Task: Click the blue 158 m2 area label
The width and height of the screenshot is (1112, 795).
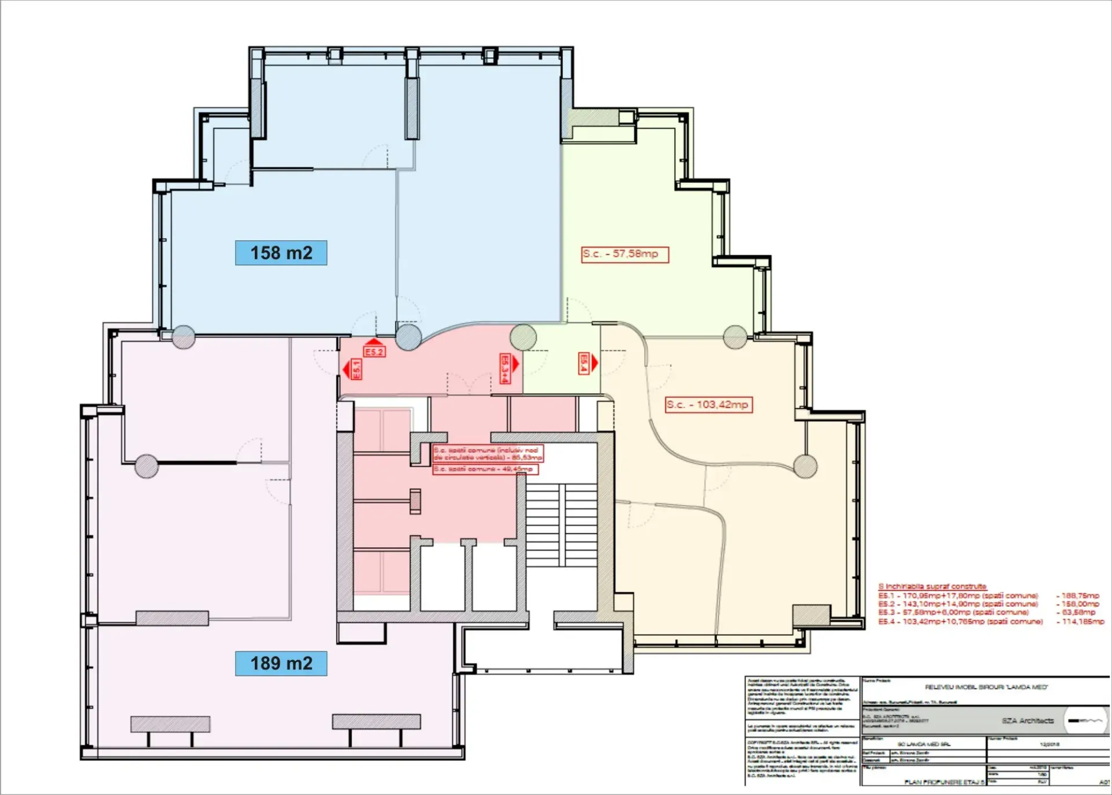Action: (281, 253)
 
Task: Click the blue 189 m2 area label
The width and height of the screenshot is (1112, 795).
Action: (281, 664)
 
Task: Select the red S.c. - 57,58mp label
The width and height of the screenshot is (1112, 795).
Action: (625, 254)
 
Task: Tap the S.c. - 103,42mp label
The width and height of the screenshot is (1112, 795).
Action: (708, 404)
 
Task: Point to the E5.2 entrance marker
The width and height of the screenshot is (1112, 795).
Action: (374, 351)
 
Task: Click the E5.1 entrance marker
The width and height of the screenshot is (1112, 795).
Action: (355, 369)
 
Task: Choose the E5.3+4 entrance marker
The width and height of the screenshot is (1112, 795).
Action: (506, 368)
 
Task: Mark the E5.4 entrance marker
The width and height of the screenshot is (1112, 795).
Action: (585, 363)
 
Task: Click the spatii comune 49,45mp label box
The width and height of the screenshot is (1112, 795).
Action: (485, 469)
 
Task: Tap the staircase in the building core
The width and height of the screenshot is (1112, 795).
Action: (561, 525)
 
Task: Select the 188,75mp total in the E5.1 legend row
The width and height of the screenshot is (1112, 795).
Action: (1080, 595)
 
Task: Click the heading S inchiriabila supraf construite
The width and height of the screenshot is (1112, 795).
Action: (932, 586)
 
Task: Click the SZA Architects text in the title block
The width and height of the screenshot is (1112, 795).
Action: (1027, 721)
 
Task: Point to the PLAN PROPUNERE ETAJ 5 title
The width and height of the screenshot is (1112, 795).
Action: (943, 782)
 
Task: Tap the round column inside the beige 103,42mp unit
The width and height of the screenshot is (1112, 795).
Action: (805, 466)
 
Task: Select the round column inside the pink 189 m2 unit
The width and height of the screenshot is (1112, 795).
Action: (147, 466)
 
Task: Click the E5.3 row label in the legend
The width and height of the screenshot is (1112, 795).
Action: (886, 612)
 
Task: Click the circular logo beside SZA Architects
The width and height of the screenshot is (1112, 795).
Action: (1085, 720)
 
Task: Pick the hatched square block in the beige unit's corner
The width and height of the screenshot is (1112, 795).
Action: (811, 615)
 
